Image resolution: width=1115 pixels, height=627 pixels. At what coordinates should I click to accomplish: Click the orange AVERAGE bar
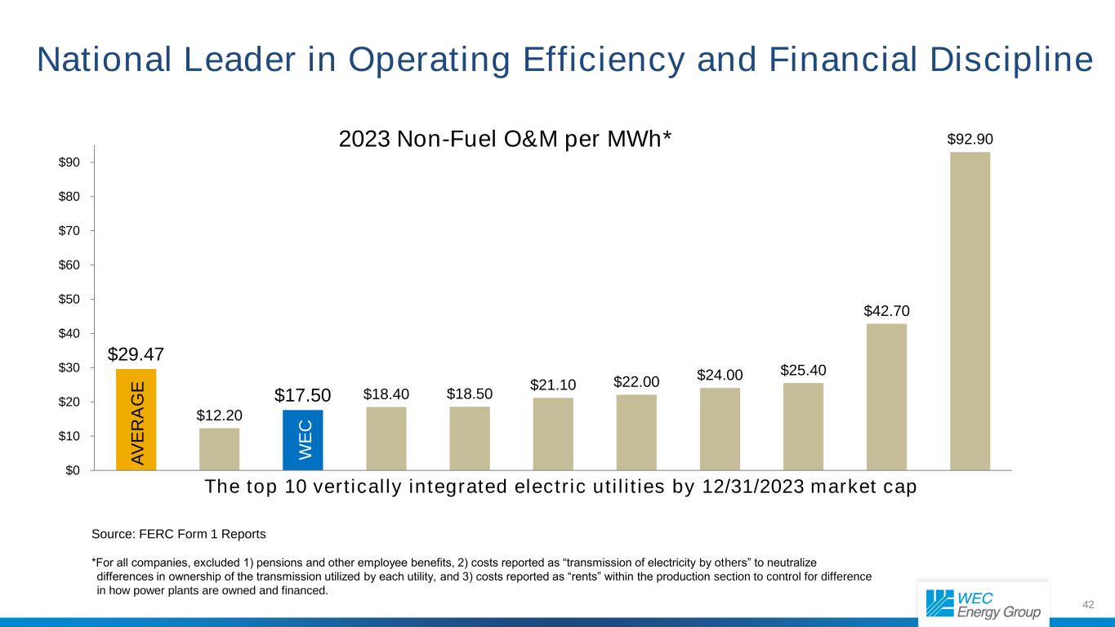[136, 420]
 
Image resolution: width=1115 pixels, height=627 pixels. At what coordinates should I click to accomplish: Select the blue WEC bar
[303, 440]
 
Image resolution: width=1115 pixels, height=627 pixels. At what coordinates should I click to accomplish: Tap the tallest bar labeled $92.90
[970, 310]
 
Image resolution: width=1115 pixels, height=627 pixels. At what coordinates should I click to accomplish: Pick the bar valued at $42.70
[886, 397]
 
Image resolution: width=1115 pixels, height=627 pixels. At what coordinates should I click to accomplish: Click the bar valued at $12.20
[219, 449]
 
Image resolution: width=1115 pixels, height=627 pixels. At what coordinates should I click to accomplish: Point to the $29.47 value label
[136, 354]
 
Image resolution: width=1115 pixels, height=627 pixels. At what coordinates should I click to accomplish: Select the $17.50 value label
[302, 395]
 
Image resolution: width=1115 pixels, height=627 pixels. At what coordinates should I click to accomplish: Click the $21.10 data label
[553, 384]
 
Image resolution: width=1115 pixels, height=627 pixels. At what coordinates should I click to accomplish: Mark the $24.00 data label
[720, 375]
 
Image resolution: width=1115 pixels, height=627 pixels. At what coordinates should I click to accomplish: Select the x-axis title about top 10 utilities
[560, 487]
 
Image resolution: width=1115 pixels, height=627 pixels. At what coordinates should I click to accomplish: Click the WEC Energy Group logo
[983, 603]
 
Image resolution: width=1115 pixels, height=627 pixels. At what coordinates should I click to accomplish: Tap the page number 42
[1087, 604]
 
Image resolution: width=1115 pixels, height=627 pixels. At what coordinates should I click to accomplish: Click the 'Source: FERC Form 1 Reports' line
[179, 534]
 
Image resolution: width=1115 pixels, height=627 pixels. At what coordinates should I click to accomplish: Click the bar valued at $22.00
[636, 432]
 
